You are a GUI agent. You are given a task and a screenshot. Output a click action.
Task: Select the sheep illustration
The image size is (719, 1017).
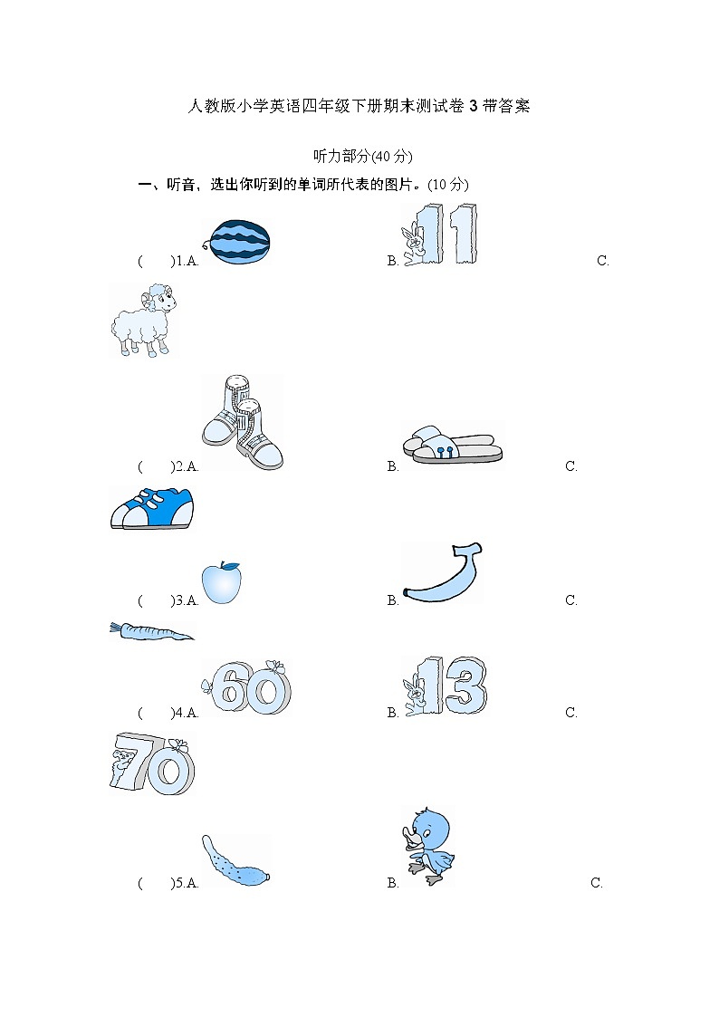(x=143, y=319)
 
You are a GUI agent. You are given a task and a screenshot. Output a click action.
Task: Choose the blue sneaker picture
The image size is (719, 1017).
(x=151, y=509)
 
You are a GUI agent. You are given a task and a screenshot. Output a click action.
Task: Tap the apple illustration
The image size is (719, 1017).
(x=221, y=582)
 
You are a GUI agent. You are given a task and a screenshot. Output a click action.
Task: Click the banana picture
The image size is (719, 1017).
(x=442, y=575)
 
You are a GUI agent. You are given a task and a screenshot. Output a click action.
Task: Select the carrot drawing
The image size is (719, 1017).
(x=151, y=631)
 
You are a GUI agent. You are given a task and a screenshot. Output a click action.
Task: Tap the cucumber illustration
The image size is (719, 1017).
(x=235, y=863)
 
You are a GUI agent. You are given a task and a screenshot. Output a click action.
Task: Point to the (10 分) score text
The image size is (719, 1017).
(x=448, y=184)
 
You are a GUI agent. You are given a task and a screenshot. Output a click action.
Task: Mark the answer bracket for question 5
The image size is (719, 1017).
(x=155, y=883)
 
